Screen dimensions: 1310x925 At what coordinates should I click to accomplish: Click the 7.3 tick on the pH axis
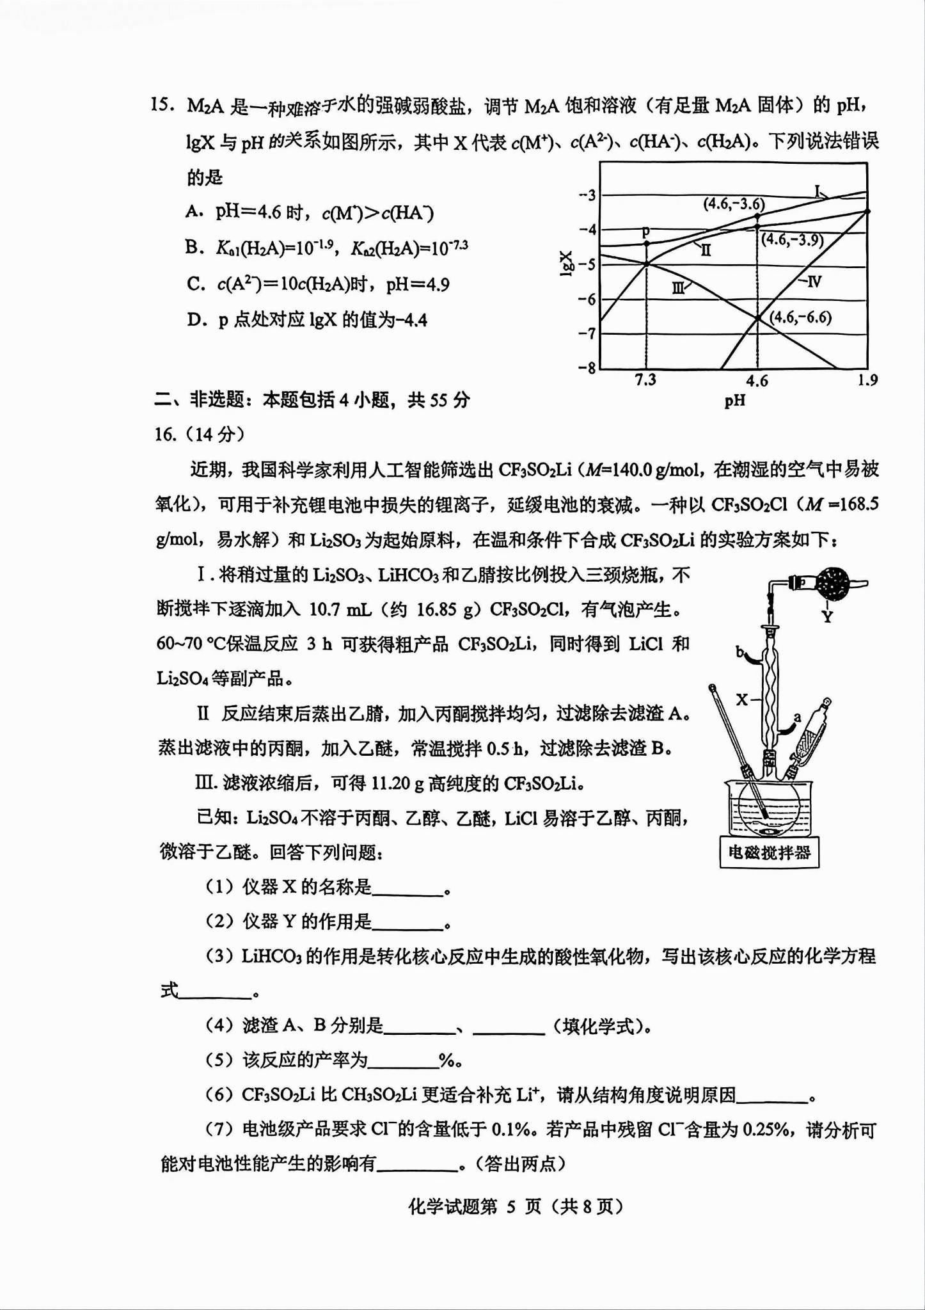tap(645, 379)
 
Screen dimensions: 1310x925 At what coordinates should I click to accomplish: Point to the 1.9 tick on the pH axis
tap(867, 380)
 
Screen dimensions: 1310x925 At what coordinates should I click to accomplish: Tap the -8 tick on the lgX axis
tap(587, 368)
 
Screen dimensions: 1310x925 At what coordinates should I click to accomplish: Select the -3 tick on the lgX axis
tap(587, 195)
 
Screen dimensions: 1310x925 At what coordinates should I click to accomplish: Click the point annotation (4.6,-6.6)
tap(800, 317)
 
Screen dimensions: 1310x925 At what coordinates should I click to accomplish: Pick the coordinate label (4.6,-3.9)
tap(793, 239)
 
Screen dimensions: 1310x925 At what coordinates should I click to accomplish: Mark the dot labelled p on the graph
tap(646, 243)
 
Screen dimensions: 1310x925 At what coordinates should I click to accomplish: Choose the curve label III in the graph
tap(678, 289)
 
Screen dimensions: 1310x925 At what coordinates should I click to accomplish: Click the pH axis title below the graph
tap(735, 401)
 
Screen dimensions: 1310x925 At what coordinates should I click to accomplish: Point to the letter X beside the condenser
tap(741, 699)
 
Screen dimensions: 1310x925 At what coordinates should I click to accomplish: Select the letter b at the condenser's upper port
tap(740, 652)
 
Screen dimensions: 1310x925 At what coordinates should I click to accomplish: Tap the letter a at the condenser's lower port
tap(797, 717)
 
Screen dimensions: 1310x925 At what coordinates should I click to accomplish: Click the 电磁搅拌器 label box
tap(770, 852)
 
